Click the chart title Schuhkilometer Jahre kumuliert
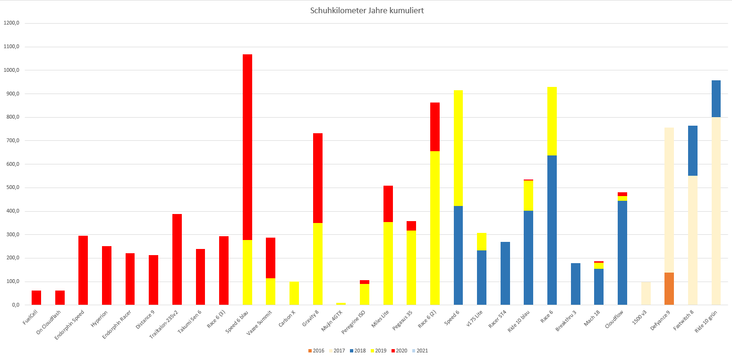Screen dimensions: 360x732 [366, 10]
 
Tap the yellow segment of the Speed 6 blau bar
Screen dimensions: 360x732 [247, 272]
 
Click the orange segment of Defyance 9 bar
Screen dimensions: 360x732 [669, 289]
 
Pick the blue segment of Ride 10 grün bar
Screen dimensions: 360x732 [716, 99]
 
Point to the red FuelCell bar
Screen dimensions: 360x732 [36, 298]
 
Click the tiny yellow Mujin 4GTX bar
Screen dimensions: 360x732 [341, 304]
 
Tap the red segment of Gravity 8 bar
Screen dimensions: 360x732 [318, 178]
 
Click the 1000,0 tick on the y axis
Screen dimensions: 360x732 [12, 70]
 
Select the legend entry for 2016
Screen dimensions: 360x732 [316, 351]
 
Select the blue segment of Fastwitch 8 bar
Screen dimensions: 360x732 [693, 151]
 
